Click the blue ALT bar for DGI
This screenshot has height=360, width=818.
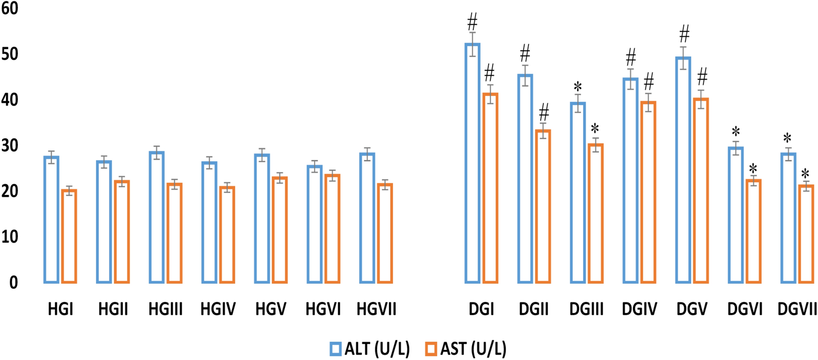point(472,163)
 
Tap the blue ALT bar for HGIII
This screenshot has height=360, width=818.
point(157,217)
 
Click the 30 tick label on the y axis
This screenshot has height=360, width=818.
point(10,146)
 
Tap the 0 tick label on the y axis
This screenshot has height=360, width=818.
point(13,283)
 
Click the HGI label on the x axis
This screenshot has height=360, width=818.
point(61,310)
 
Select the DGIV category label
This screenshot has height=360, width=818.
point(639,310)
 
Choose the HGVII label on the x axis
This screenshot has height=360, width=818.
point(376,310)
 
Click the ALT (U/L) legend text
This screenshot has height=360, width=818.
point(377,349)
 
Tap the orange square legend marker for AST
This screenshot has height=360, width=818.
point(431,349)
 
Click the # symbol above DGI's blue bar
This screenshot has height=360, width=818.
point(472,21)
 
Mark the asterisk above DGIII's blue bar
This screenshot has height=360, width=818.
point(578,87)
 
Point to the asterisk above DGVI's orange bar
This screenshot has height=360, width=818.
point(753,169)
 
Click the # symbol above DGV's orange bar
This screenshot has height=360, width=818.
point(702,76)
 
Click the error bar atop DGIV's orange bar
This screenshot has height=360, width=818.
point(648,102)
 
